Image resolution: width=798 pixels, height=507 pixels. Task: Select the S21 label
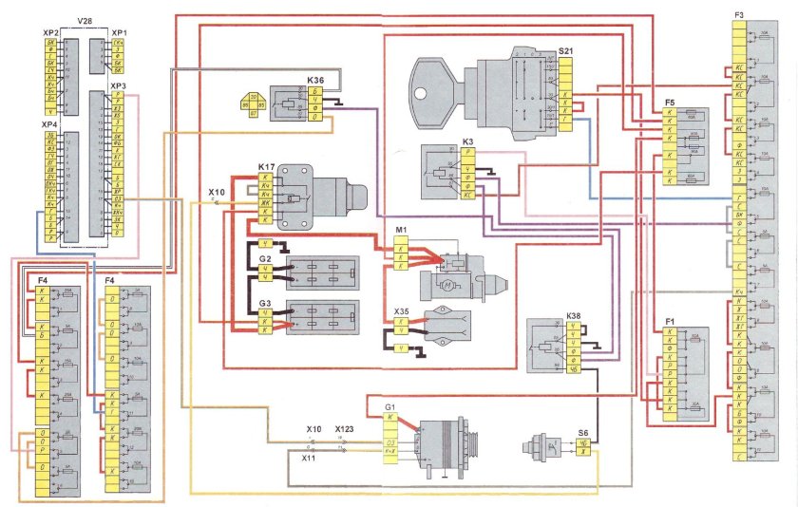pos(566,50)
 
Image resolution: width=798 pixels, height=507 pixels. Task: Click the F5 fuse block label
pos(671,102)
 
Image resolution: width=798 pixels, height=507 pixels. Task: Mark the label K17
pos(266,167)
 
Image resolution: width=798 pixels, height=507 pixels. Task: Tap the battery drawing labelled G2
pos(323,270)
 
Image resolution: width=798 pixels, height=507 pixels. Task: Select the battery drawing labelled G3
pos(323,317)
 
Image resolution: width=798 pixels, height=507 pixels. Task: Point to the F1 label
pos(671,322)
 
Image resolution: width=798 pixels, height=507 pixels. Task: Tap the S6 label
pos(585,432)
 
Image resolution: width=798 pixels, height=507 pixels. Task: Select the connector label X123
pos(345,429)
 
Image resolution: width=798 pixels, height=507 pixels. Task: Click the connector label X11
pos(308,458)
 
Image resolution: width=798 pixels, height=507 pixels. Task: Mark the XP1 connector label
pos(118,32)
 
